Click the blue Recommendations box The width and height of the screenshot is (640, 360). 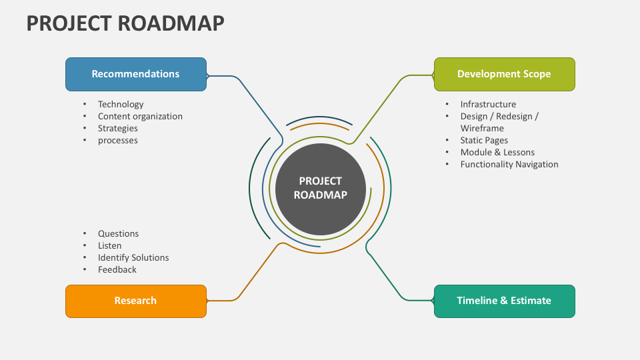click(135, 74)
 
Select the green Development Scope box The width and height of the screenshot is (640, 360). click(504, 74)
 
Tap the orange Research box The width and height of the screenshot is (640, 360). click(135, 301)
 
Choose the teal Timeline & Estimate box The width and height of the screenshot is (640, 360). click(504, 301)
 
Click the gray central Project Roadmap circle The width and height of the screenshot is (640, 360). click(321, 189)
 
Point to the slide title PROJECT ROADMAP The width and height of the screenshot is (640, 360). click(125, 23)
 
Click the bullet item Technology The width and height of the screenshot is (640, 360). click(121, 104)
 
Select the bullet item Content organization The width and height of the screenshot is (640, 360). click(140, 116)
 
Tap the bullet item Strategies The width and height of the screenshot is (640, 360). click(118, 128)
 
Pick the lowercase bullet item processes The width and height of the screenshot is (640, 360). click(118, 140)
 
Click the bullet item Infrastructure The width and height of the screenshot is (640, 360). click(488, 104)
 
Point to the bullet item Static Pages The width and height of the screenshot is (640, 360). click(484, 140)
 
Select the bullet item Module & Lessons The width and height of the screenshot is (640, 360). click(497, 152)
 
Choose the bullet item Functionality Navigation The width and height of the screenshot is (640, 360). click(509, 164)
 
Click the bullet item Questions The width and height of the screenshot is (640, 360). click(119, 233)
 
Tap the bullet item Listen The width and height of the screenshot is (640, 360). click(110, 245)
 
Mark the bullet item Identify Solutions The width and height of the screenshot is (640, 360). click(133, 257)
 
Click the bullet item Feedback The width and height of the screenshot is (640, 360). click(117, 269)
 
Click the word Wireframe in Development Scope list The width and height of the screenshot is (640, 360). click(482, 128)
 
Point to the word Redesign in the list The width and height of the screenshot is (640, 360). click(511, 116)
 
